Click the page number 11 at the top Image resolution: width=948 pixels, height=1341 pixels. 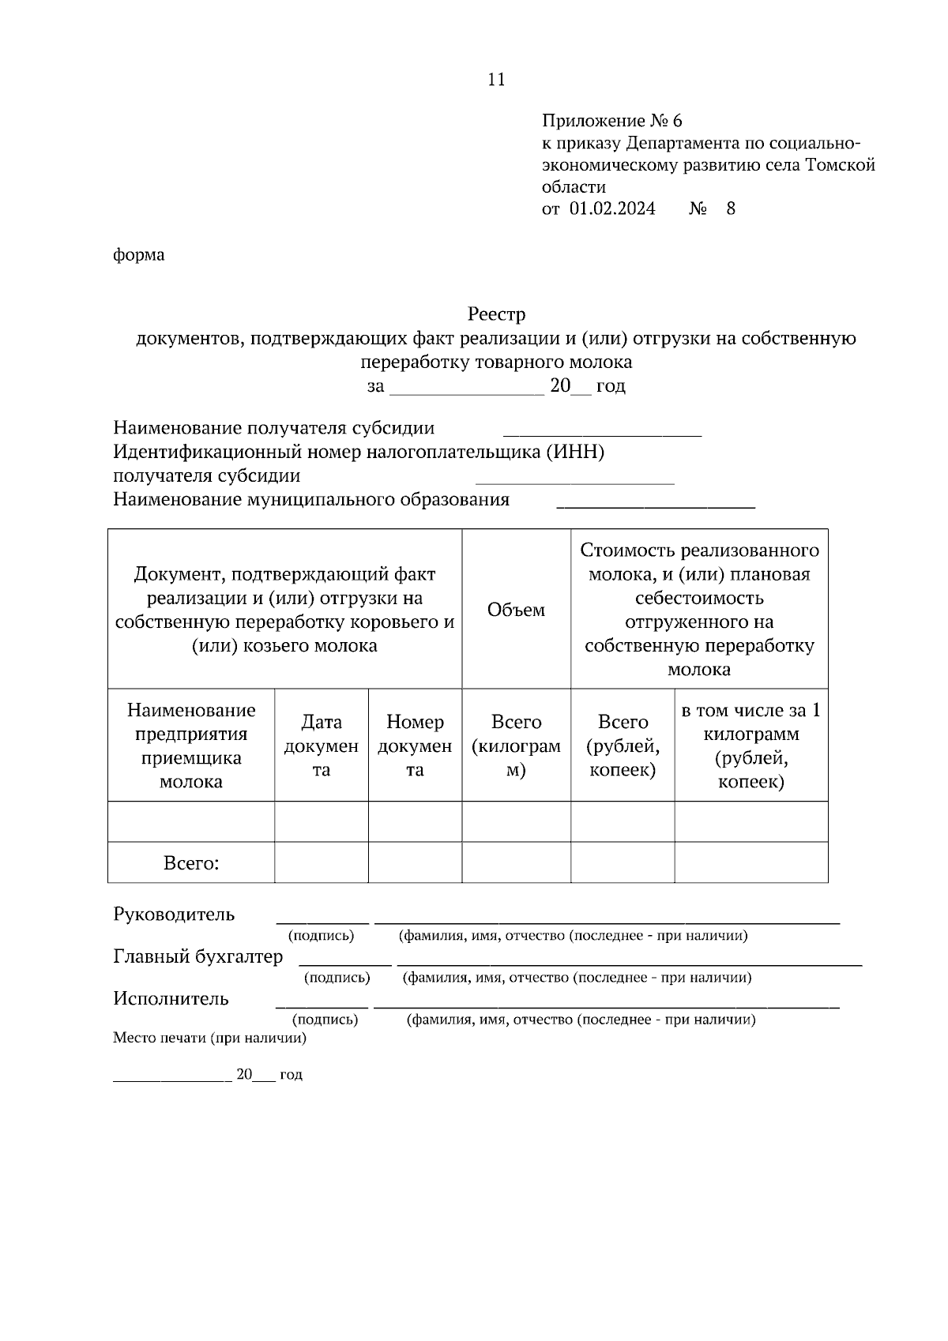point(496,80)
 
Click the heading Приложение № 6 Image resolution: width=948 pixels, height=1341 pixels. point(611,121)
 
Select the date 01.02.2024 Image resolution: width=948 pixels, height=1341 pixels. point(612,209)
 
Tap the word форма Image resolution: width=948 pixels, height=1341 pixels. point(139,255)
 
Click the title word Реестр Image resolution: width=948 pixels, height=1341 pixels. point(496,314)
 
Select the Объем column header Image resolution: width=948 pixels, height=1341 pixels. point(516,610)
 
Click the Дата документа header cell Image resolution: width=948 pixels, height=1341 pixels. point(321,746)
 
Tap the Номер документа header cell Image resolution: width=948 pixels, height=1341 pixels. point(415,746)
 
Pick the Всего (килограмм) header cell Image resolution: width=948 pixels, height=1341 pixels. point(516,746)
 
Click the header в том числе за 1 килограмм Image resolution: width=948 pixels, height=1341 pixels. point(750,746)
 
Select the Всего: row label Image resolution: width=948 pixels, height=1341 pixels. point(191,863)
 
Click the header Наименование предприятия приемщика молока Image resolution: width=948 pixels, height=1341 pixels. point(191,746)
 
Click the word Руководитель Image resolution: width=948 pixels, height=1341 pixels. point(174,915)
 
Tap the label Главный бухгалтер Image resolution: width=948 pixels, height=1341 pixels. point(197,957)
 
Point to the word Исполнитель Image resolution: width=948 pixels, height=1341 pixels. point(171,999)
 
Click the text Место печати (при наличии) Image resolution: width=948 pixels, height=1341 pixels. point(209,1039)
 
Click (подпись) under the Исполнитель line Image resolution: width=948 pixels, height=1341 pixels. point(325,1020)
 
